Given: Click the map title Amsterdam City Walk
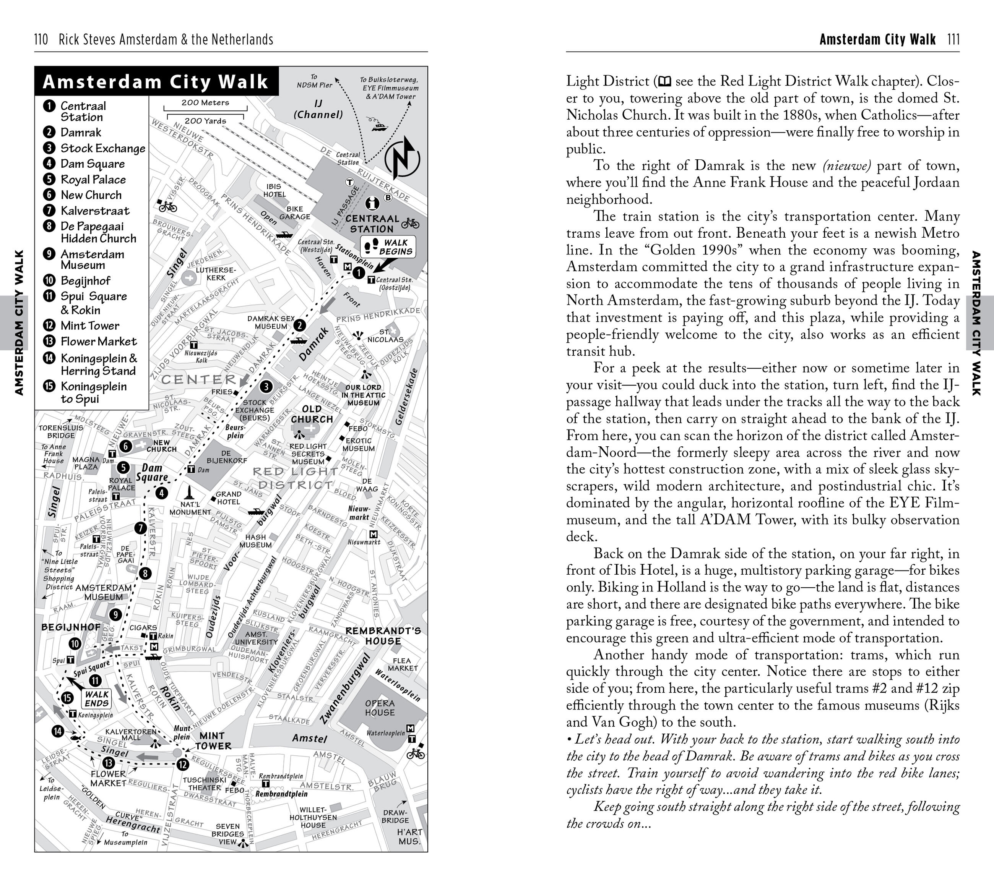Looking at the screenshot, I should pos(156,82).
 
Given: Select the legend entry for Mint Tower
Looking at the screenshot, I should pos(89,326).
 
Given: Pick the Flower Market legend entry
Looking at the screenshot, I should pos(98,342).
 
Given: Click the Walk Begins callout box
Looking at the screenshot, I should pos(388,247).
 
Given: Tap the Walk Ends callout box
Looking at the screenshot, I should pos(96,699).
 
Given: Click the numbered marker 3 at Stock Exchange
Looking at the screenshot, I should pos(266,387).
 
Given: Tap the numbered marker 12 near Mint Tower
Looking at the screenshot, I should pos(182,765).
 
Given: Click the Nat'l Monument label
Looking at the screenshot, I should pos(190,508).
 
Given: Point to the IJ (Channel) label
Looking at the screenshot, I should pos(318,109).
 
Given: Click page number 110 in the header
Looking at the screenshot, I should pos(41,39).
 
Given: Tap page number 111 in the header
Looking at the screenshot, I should pos(953,39).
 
